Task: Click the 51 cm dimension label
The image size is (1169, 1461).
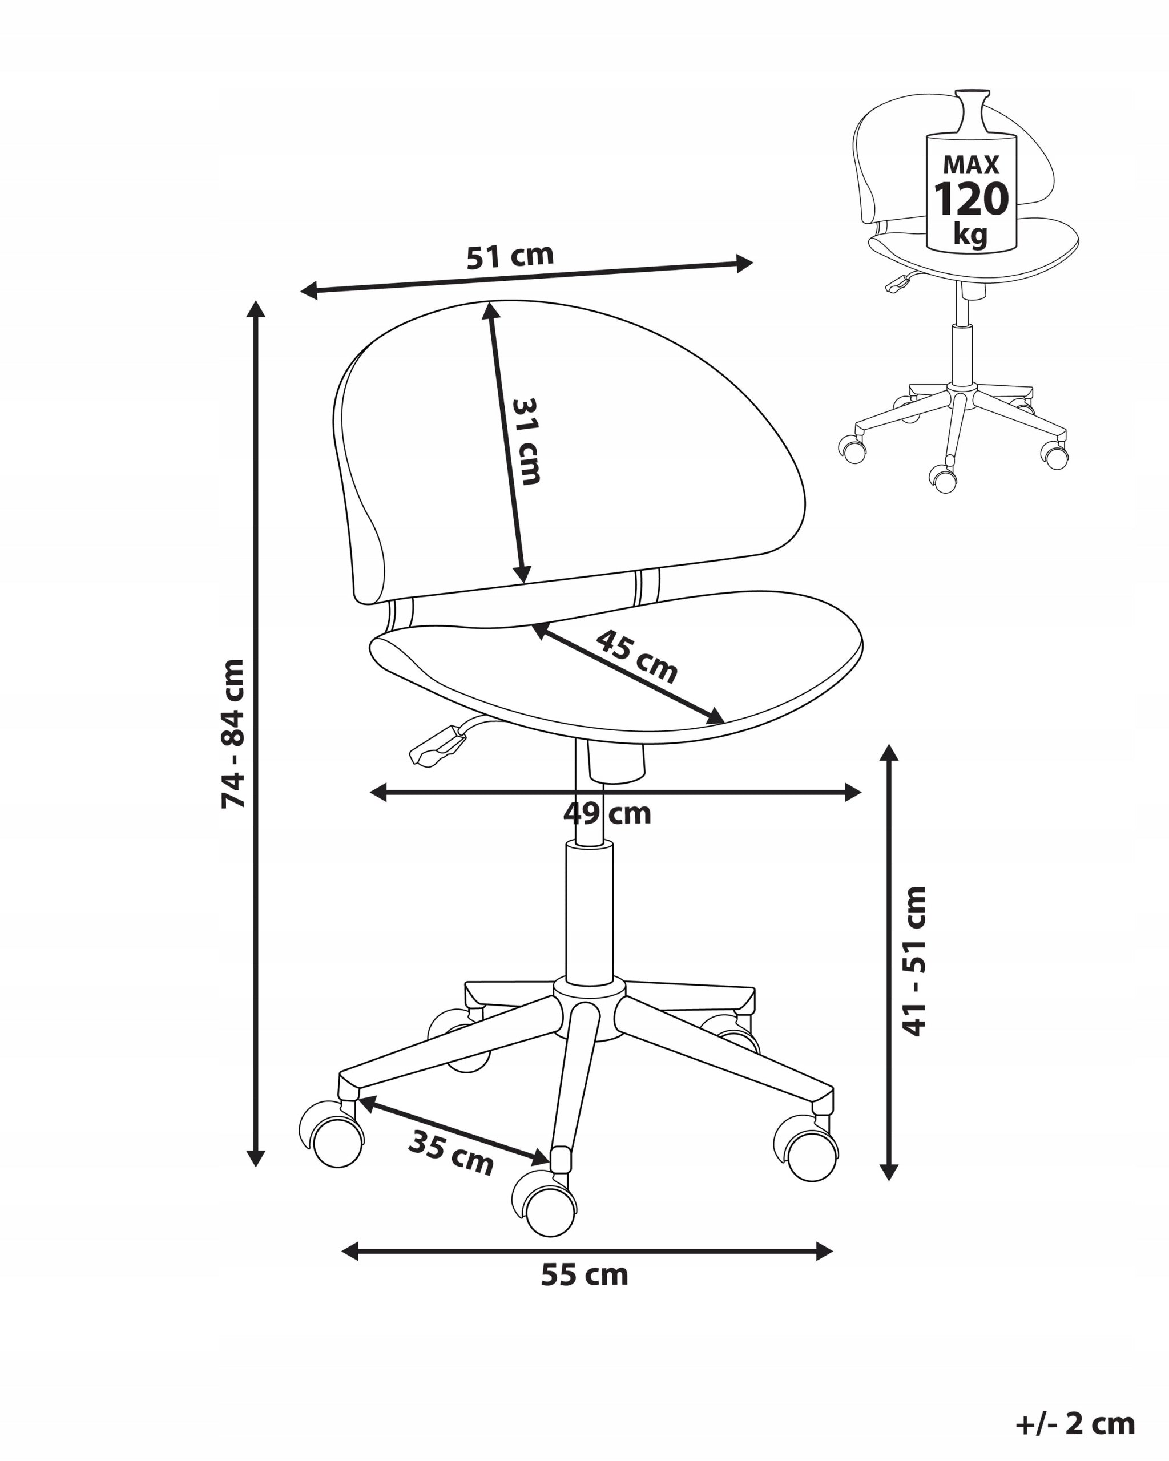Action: coord(510,256)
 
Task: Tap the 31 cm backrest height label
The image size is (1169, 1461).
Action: coord(525,441)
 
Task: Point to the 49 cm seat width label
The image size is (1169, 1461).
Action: coord(607,813)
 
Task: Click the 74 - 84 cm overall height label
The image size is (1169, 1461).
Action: coord(233,733)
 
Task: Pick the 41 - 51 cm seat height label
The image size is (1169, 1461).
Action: coord(914,962)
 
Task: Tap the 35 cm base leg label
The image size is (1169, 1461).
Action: coord(451,1153)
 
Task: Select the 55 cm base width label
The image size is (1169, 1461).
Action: coord(584,1276)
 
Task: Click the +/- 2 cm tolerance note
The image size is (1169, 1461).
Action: coord(1075,1424)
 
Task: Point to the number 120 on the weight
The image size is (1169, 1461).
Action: coord(971,199)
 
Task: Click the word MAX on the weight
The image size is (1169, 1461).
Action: coord(971,165)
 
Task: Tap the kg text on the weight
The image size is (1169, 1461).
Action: coord(970,235)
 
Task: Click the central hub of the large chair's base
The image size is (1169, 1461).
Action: coord(589,1012)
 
